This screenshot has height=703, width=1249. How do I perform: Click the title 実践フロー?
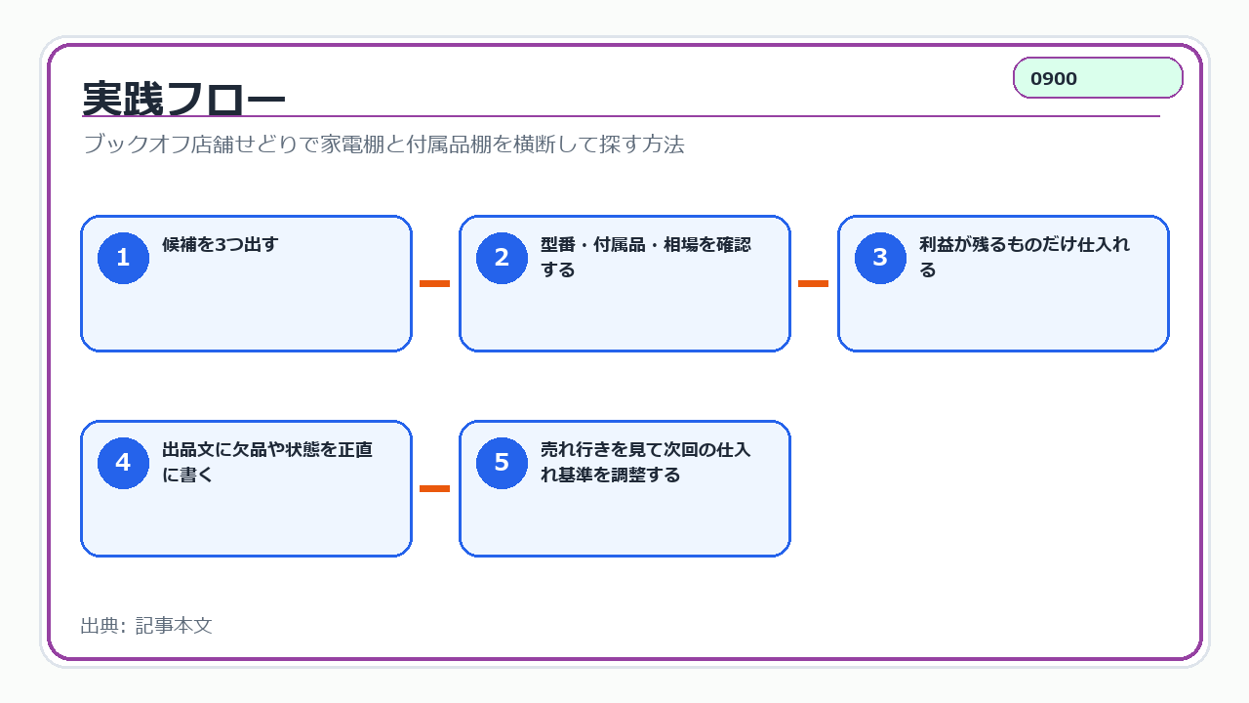[x=183, y=99]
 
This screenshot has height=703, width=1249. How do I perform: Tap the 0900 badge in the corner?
[x=1098, y=78]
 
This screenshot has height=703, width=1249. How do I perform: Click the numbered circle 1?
[x=123, y=258]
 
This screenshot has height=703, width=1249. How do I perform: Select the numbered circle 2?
[x=502, y=258]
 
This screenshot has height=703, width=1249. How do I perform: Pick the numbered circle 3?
[x=880, y=258]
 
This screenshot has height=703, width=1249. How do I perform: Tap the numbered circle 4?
[x=123, y=463]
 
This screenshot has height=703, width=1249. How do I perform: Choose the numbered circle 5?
[x=502, y=463]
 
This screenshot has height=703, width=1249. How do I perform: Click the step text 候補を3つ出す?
[x=220, y=244]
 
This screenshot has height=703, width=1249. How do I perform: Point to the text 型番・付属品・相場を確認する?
[x=646, y=257]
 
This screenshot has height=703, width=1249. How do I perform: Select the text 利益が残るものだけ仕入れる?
[x=1025, y=257]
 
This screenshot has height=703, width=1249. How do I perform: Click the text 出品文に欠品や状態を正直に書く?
[x=267, y=462]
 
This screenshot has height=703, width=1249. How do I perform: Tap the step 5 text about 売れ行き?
[x=646, y=462]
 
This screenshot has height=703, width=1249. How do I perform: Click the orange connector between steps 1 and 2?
[x=435, y=283]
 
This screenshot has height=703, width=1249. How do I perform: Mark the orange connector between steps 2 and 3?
[x=814, y=283]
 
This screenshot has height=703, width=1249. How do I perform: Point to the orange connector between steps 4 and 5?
[x=435, y=489]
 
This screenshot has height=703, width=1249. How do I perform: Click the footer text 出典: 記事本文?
[x=146, y=626]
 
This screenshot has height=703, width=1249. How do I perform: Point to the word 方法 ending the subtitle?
[x=663, y=144]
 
